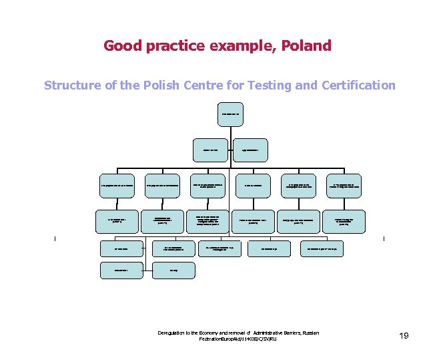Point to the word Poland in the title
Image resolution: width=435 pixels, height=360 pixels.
tap(306, 46)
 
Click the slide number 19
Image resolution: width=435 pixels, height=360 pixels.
tap(403, 335)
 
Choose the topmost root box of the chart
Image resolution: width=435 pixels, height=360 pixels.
tap(230, 115)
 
